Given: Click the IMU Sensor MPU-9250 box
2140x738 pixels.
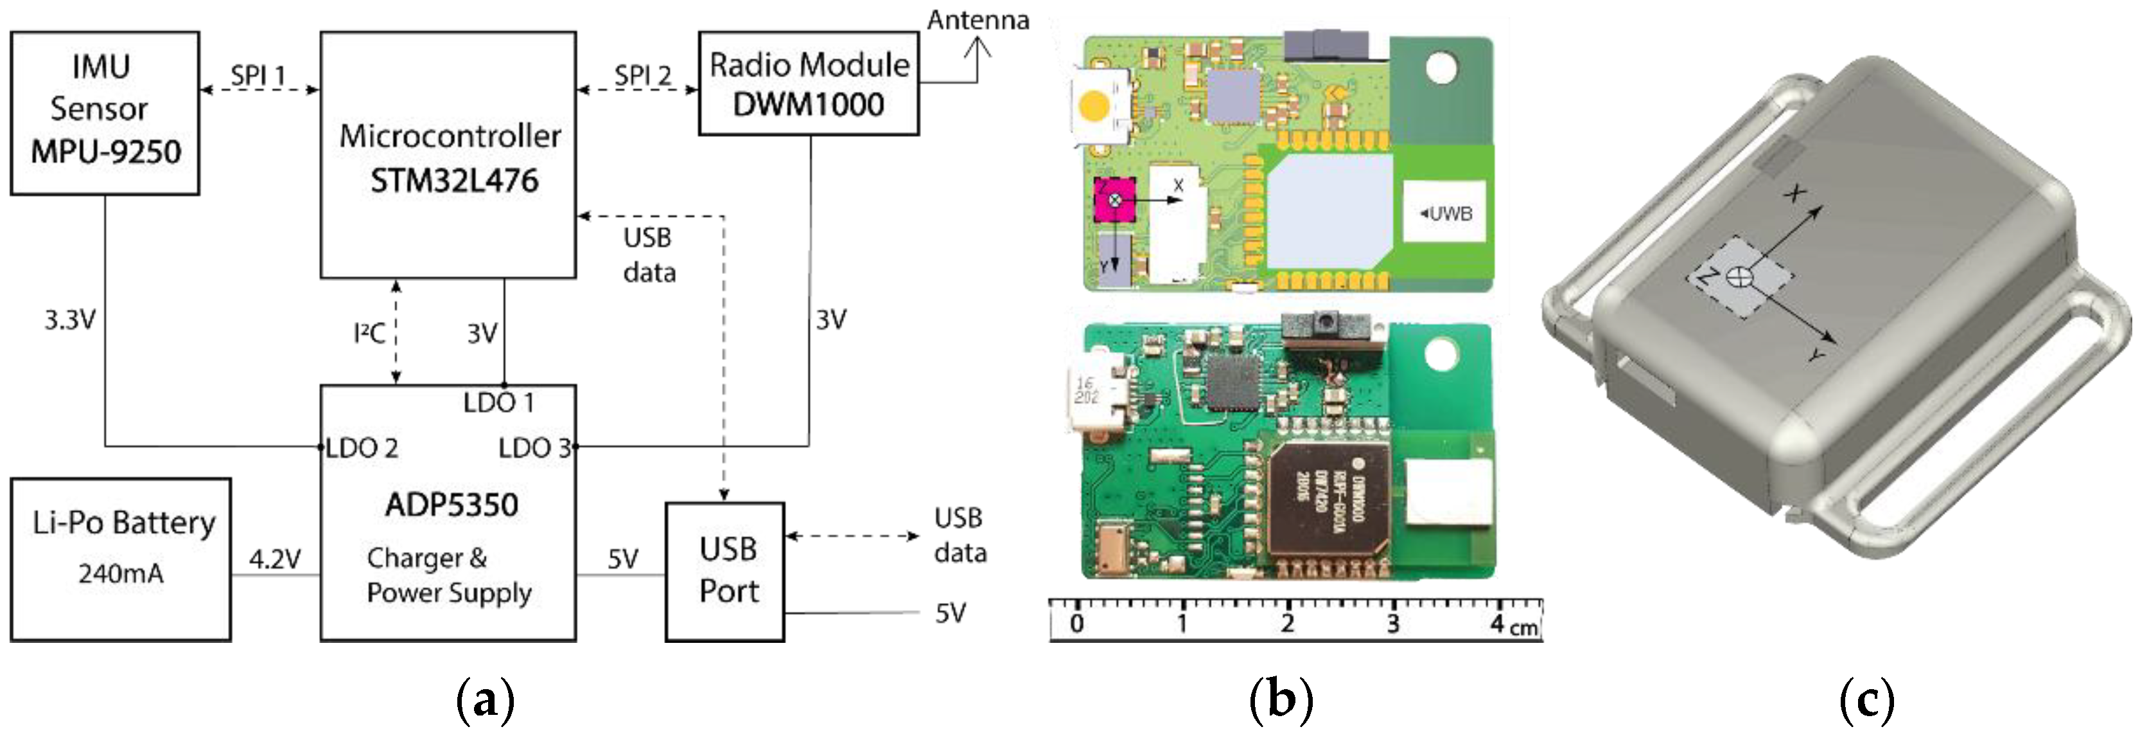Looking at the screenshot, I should (x=105, y=113).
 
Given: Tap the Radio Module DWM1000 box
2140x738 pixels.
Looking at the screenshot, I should (x=809, y=83).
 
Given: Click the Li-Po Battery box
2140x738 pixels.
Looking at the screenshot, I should (x=121, y=559).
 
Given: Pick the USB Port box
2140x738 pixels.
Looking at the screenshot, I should (x=724, y=571).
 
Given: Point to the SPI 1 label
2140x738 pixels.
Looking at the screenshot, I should (x=258, y=75).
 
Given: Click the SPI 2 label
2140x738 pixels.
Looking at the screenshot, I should (x=642, y=75).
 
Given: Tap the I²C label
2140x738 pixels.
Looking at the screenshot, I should (x=369, y=333).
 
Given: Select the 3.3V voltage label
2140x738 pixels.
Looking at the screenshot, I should (x=70, y=319).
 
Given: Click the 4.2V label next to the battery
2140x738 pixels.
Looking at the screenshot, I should (x=275, y=559).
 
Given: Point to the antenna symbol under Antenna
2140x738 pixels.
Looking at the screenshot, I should (x=978, y=58).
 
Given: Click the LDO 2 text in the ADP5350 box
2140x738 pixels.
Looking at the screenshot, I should (x=362, y=448).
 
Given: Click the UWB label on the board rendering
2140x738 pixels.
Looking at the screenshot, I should (x=1446, y=213).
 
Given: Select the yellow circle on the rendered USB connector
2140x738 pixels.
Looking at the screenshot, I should (x=1093, y=106).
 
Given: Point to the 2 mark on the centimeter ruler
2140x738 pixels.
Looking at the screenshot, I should (x=1287, y=624).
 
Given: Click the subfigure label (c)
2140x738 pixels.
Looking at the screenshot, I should (x=1866, y=701).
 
